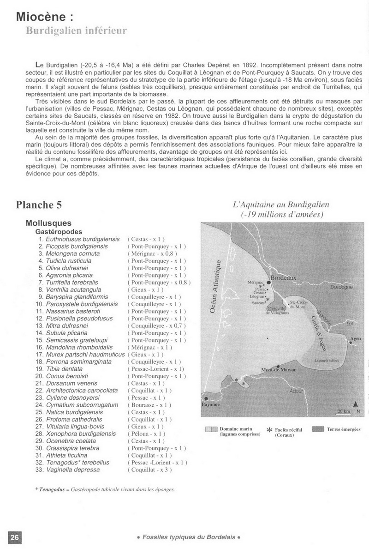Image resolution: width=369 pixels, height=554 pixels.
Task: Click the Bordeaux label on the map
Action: click(283, 278)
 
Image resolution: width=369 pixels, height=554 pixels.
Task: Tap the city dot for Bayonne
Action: click(205, 398)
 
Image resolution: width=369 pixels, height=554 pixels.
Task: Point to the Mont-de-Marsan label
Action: click(279, 370)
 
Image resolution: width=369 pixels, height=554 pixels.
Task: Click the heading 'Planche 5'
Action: click(39, 205)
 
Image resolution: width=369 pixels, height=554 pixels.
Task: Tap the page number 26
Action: click(15, 537)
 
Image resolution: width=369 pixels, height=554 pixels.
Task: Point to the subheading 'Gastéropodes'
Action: click(59, 231)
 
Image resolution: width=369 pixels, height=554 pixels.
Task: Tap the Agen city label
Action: click(356, 338)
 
